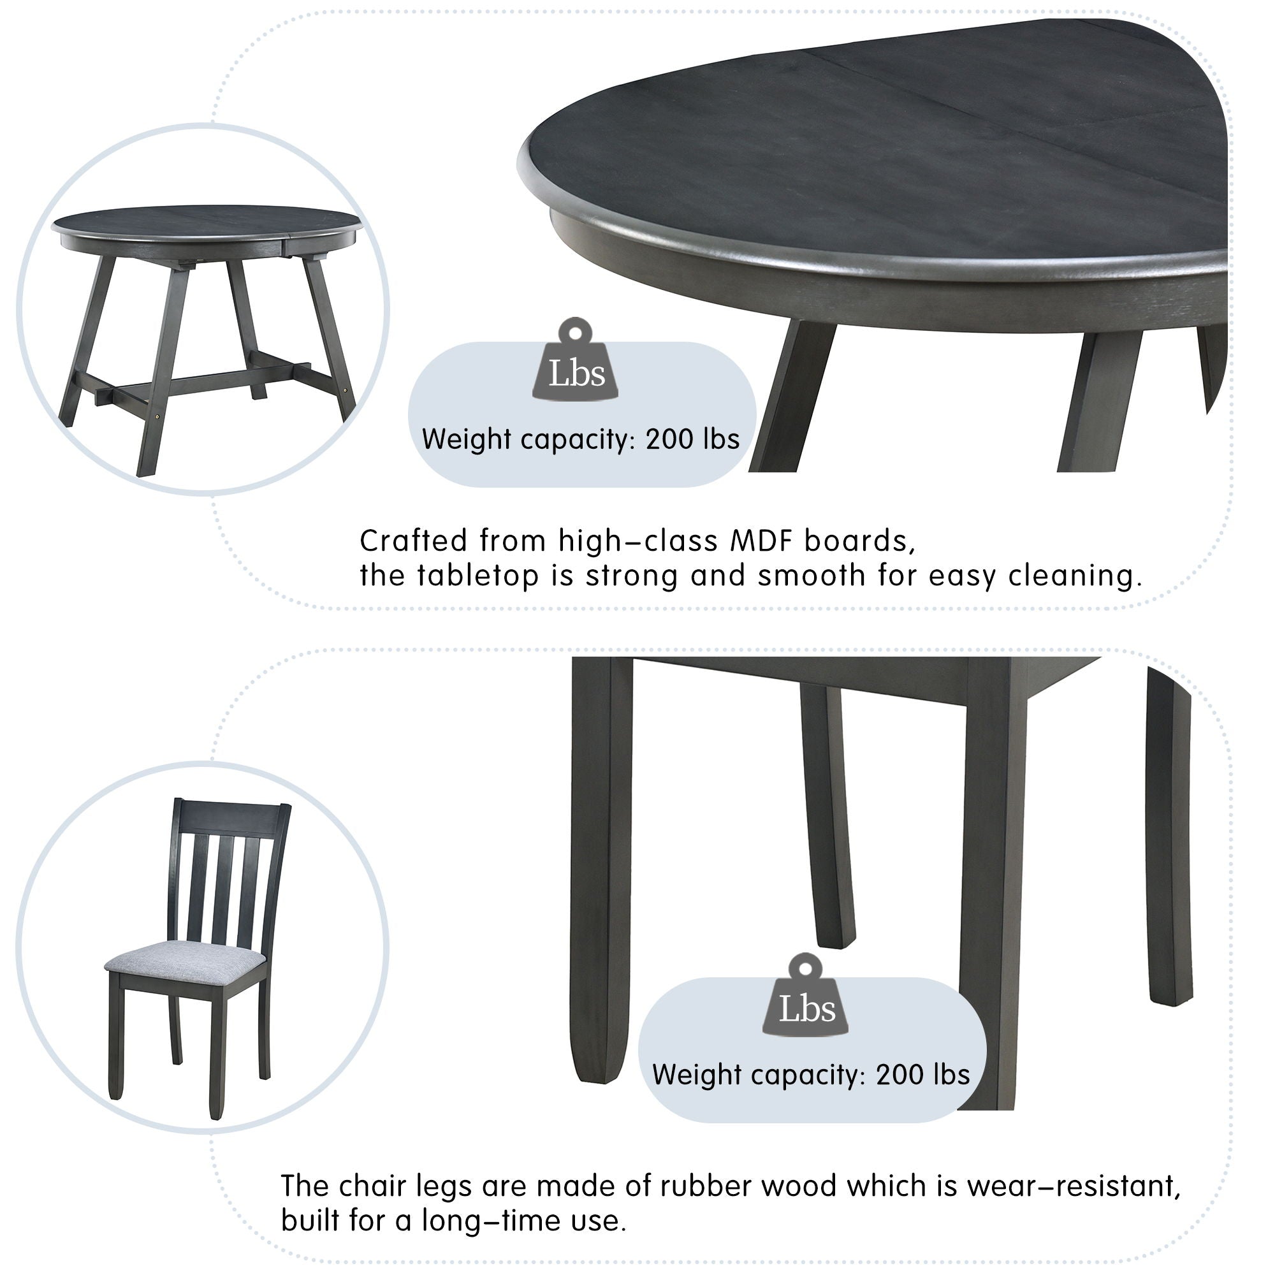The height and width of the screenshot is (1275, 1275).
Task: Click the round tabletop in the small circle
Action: pos(207,220)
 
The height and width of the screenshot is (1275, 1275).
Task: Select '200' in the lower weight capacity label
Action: pos(898,1075)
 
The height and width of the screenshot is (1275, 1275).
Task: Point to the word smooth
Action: pos(812,576)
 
